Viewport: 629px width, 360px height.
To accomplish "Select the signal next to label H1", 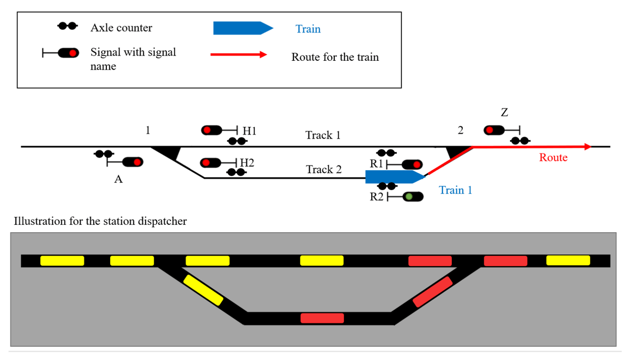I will tap(211, 129).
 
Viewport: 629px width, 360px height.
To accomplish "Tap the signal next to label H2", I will tap(211, 162).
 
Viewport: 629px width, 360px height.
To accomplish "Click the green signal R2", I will tap(413, 197).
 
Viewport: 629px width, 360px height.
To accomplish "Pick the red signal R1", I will tap(412, 165).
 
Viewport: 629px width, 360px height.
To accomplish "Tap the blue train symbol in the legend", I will tap(242, 28).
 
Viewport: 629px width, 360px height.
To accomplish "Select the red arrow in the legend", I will tap(238, 54).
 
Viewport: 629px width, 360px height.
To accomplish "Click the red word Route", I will tap(553, 158).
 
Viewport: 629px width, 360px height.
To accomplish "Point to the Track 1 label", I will tap(323, 135).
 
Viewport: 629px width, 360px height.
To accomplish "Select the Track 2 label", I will tap(323, 169).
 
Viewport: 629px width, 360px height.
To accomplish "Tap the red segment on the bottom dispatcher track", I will tap(322, 318).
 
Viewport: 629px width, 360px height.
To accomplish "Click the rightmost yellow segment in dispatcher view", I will tap(568, 260).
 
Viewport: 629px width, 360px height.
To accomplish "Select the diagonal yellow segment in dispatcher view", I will tap(203, 290).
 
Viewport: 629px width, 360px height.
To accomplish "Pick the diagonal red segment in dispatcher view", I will tap(432, 291).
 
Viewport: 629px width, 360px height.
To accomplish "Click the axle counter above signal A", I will tap(103, 154).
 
